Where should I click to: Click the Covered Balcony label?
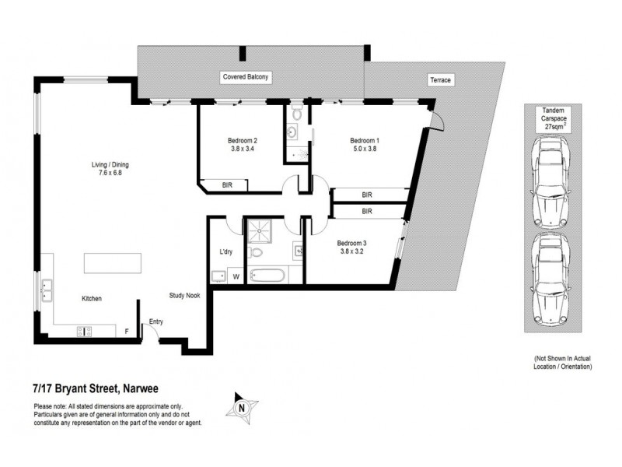coord(246,78)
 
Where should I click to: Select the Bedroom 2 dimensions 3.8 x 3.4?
coord(242,150)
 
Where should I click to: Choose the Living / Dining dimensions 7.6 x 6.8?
coord(107,174)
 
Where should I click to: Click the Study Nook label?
coord(186,296)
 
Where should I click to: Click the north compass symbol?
coord(241,406)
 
